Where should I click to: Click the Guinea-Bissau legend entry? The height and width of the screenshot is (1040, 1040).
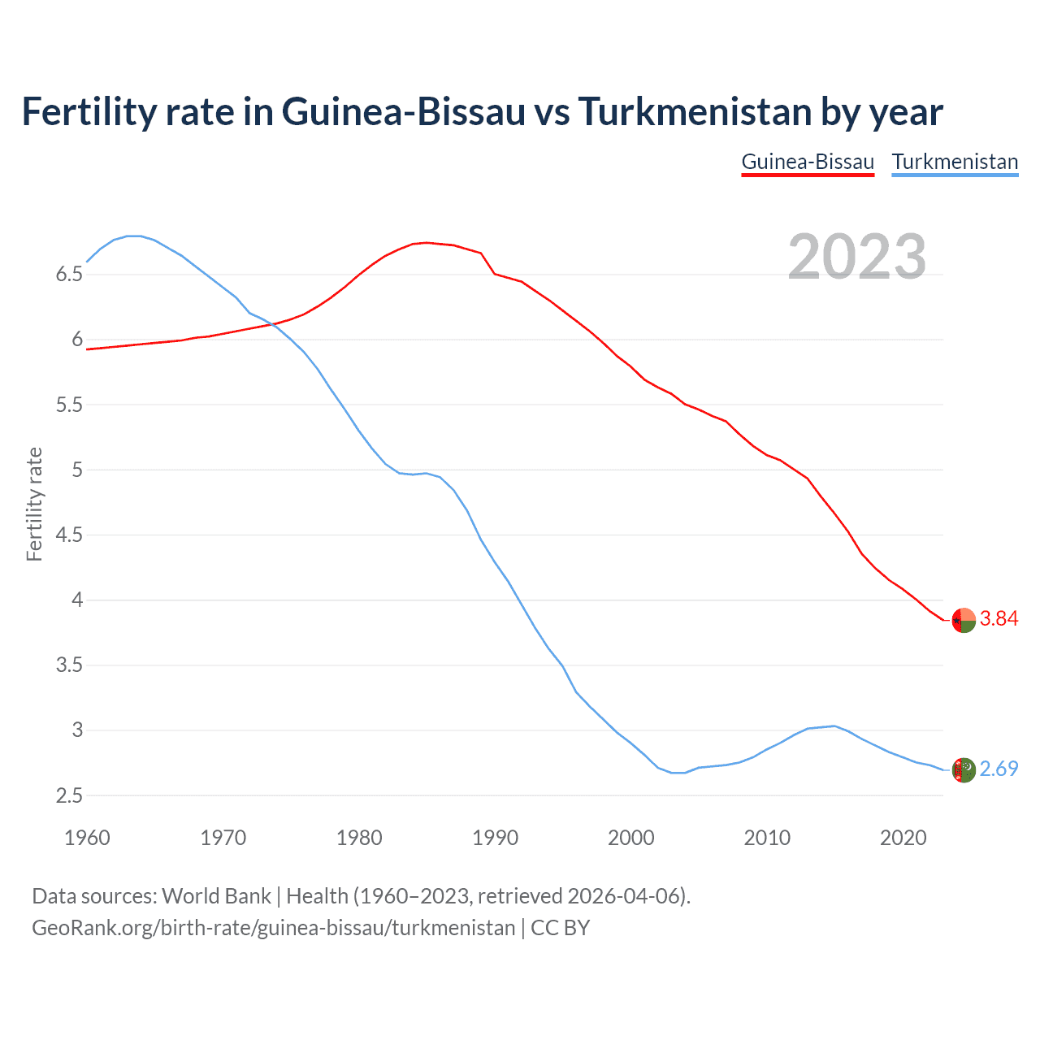(808, 162)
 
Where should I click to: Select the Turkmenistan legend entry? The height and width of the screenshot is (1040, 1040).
(955, 162)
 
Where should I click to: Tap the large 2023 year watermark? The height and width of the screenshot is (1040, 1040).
(856, 257)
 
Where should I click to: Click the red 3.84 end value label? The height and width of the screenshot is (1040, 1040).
(999, 619)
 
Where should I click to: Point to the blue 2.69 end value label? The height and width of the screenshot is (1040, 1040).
(999, 769)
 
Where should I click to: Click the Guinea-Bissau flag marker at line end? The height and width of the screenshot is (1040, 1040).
(963, 620)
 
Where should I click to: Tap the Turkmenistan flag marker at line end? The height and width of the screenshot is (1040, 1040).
(963, 769)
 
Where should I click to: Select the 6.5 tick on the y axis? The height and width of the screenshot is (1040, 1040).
(69, 275)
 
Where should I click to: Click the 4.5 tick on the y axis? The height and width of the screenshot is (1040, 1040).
(69, 535)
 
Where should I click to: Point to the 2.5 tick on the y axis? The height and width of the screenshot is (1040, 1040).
(69, 796)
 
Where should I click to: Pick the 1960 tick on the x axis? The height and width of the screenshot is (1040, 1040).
(87, 838)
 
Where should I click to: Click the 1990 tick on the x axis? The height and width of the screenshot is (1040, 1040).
(495, 838)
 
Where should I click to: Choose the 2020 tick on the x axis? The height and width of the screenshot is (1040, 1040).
(903, 838)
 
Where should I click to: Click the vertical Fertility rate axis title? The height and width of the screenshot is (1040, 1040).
(34, 504)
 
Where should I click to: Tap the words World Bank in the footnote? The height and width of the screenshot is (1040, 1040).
(216, 896)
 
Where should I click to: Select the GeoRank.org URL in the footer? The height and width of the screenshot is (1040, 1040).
(273, 928)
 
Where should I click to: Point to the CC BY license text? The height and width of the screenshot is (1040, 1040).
(560, 928)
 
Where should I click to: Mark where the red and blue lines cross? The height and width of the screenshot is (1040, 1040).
(275, 324)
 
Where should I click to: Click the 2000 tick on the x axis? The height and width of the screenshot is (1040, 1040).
(631, 838)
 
